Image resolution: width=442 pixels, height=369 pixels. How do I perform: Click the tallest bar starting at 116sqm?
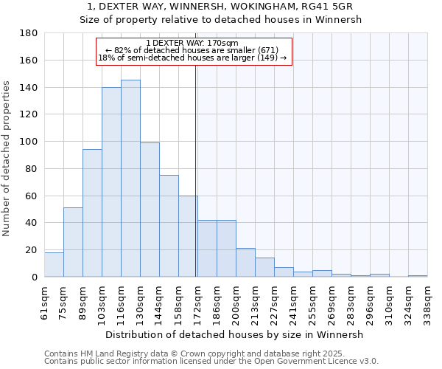(130, 179)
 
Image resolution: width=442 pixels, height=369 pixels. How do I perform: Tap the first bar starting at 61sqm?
(54, 265)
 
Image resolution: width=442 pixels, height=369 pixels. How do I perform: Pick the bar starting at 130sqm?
(150, 210)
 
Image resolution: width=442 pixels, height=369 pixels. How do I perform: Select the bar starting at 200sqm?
(245, 263)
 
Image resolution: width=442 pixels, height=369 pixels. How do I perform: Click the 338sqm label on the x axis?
(427, 301)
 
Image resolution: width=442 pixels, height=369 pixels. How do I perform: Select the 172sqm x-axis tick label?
(197, 301)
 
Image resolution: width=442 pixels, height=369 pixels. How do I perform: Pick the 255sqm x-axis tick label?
(312, 301)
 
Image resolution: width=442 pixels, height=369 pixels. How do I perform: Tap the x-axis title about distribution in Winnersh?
(235, 334)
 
